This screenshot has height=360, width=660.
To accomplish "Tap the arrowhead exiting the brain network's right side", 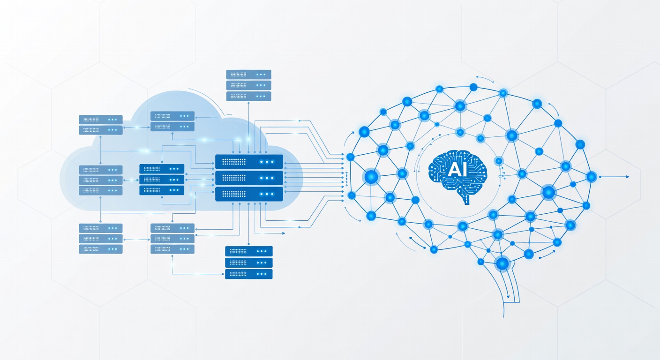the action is [x=627, y=177].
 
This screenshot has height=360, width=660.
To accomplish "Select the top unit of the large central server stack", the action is [x=249, y=162].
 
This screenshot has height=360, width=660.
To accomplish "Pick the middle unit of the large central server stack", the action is [x=249, y=178].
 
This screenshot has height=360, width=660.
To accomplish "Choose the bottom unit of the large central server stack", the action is [x=249, y=194].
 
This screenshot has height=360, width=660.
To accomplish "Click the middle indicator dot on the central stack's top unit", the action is [x=267, y=162].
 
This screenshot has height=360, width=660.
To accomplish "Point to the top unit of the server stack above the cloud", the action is [x=249, y=75].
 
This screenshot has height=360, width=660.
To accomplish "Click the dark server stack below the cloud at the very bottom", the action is [x=249, y=262].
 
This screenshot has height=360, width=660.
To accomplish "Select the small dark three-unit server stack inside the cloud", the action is [x=162, y=180].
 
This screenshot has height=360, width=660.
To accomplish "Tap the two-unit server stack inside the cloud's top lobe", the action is [x=172, y=121].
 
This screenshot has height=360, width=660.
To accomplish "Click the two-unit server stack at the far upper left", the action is [x=101, y=125].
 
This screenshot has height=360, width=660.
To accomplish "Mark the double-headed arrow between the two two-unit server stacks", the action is [x=137, y=127].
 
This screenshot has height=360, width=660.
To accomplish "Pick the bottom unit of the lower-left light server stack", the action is [x=101, y=249].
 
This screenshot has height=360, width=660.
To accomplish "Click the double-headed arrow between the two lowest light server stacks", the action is [x=137, y=240].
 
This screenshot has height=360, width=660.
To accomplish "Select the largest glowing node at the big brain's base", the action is [x=502, y=263].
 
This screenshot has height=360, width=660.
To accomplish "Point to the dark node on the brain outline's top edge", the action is [x=473, y=87].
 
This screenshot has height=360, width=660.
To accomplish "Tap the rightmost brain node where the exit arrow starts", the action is [x=592, y=177].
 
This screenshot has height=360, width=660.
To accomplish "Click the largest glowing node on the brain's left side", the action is [x=371, y=177].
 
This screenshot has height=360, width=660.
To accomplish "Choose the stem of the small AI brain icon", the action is [x=466, y=199].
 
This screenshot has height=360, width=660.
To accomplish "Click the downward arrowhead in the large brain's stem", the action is [x=508, y=296].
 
